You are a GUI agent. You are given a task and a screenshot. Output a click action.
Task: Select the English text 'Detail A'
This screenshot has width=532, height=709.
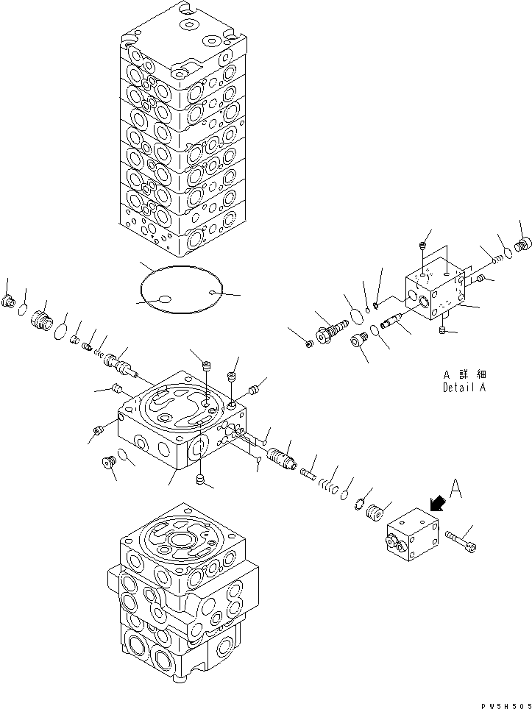click(x=464, y=388)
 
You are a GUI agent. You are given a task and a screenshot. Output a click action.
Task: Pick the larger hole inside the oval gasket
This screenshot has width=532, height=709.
click(x=166, y=299)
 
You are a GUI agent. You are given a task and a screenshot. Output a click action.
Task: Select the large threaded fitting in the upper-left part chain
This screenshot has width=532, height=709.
click(x=42, y=321)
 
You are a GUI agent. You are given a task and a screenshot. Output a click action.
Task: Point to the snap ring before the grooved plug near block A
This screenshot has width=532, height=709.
click(x=361, y=502)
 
